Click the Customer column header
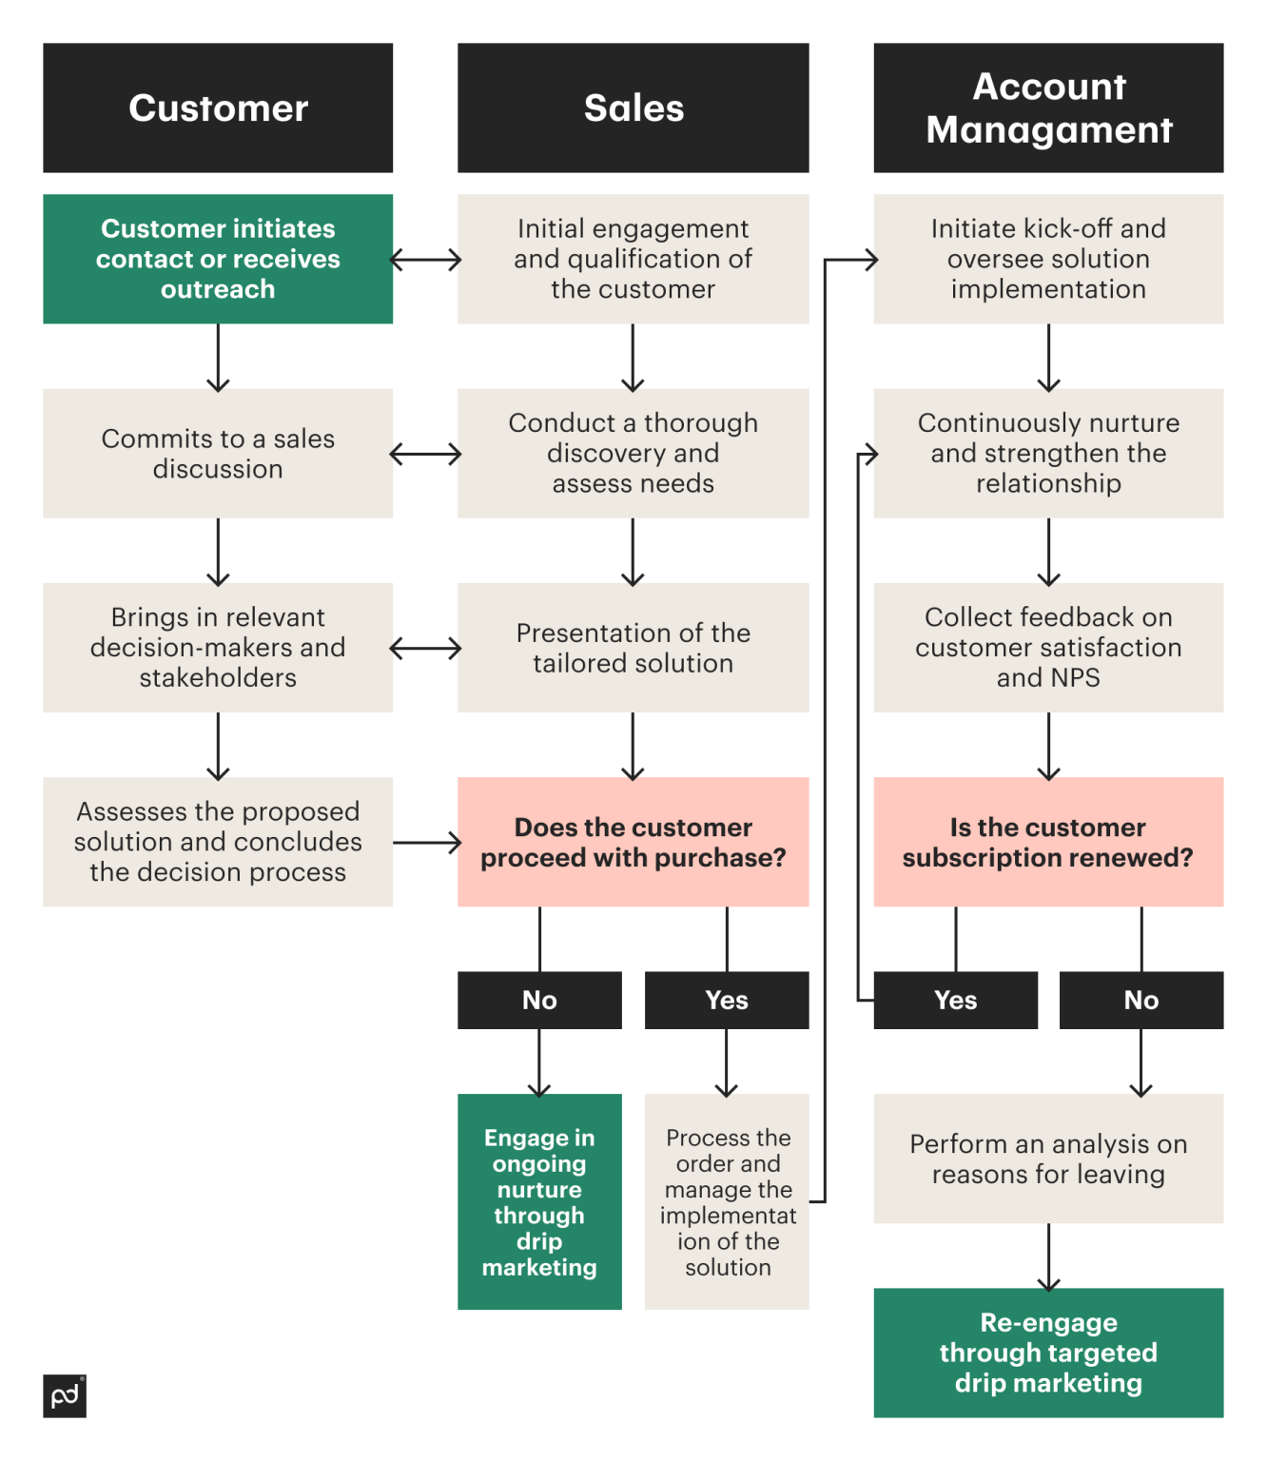click(x=218, y=107)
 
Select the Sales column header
click(x=633, y=107)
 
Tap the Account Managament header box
click(x=1048, y=107)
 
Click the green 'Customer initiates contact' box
click(x=218, y=259)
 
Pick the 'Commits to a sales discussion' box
click(x=218, y=453)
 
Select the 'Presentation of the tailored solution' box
click(x=633, y=648)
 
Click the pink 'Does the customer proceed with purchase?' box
click(x=633, y=842)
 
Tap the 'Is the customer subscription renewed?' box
click(x=1048, y=842)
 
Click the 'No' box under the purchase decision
click(x=539, y=1000)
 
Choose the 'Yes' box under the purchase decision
click(x=727, y=1000)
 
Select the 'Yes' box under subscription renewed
click(x=955, y=1000)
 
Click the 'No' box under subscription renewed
click(x=1141, y=1000)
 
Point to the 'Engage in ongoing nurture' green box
click(x=539, y=1201)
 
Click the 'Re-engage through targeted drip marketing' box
click(x=1048, y=1353)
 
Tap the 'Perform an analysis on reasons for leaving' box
click(x=1048, y=1159)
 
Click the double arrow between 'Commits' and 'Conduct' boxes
click(x=425, y=454)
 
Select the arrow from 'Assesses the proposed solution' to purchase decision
click(x=425, y=842)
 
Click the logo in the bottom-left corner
click(x=65, y=1395)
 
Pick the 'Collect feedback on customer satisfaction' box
click(x=1048, y=648)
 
